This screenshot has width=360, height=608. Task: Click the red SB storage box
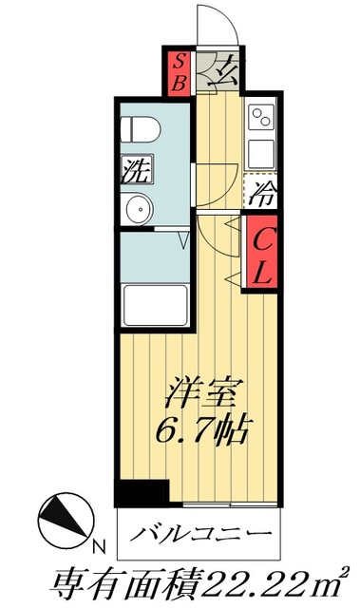(178, 70)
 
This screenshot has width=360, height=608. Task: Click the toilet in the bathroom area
(141, 127)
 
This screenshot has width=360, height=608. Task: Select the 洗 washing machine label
(134, 171)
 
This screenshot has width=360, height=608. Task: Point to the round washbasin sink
(139, 207)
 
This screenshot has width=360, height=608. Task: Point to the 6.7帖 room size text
(201, 430)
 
